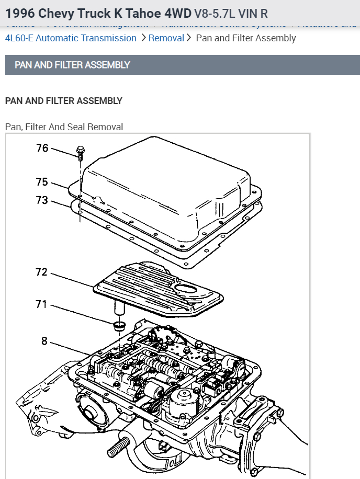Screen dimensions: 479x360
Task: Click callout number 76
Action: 42,148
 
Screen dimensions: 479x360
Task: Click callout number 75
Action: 42,182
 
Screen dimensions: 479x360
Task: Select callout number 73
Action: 42,200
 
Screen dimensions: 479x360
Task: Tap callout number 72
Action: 42,272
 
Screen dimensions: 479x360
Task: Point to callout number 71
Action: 42,304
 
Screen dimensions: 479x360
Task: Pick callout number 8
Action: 44,341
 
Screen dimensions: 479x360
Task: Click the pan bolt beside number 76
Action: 80,151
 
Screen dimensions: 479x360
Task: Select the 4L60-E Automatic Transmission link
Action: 71,38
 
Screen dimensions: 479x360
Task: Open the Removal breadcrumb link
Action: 166,38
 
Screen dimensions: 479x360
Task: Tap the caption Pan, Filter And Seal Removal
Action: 64,127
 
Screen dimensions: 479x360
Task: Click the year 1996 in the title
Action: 21,13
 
